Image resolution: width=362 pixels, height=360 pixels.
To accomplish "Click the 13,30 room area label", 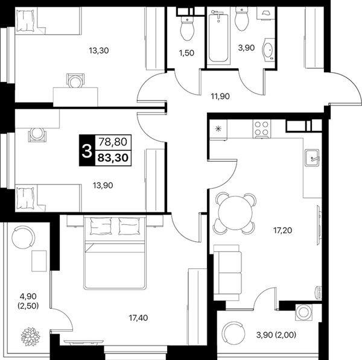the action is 99,50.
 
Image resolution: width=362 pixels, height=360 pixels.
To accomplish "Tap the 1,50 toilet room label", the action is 186,53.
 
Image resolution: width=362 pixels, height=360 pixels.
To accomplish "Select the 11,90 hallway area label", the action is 220,96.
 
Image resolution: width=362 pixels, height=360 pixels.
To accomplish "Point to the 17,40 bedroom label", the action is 138,318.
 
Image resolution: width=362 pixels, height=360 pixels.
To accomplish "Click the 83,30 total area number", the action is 113,158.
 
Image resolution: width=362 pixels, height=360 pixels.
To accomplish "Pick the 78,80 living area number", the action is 113,142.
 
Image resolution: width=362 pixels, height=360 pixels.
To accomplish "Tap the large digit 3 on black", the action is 87,150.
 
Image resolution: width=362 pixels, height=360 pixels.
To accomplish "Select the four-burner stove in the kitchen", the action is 262,129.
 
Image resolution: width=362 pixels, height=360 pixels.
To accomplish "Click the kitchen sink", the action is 312,157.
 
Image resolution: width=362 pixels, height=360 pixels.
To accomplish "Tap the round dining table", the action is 234,213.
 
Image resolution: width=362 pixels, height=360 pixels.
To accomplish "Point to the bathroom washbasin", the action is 268,49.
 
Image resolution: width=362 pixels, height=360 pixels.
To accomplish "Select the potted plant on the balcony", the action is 30,336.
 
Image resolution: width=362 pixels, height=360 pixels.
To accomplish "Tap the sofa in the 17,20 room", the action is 227,273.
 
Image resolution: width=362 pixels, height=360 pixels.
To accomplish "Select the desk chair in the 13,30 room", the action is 75,80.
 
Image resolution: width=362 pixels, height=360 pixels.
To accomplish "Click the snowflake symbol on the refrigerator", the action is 218,129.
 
